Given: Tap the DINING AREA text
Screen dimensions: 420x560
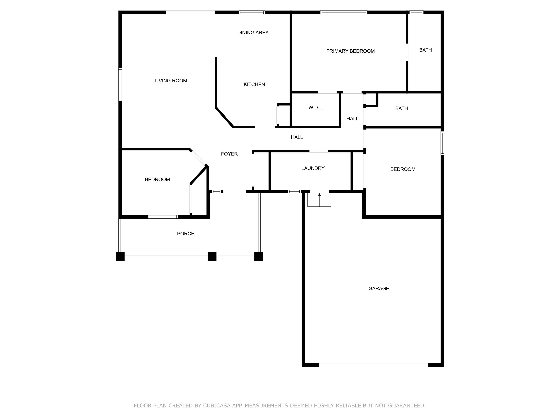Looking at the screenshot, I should [x=253, y=33].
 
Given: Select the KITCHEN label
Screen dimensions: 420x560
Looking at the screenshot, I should [x=254, y=85].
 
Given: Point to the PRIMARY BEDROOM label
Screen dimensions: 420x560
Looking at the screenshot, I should [x=350, y=51].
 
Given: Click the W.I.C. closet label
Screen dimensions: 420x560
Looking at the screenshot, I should [x=315, y=108].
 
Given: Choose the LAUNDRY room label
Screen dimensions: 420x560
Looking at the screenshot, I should [x=313, y=168].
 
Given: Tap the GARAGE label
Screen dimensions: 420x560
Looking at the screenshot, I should [x=379, y=289].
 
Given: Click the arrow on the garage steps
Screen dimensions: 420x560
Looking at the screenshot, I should [x=319, y=195].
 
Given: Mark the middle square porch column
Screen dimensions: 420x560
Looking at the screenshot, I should [x=212, y=256].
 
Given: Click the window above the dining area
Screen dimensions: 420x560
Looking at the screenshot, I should [x=252, y=12].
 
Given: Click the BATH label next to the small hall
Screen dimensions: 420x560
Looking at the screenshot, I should [x=401, y=108].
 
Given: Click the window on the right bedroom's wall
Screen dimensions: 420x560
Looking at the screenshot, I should [x=442, y=143].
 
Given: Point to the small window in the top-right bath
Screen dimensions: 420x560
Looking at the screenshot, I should [x=416, y=12].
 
